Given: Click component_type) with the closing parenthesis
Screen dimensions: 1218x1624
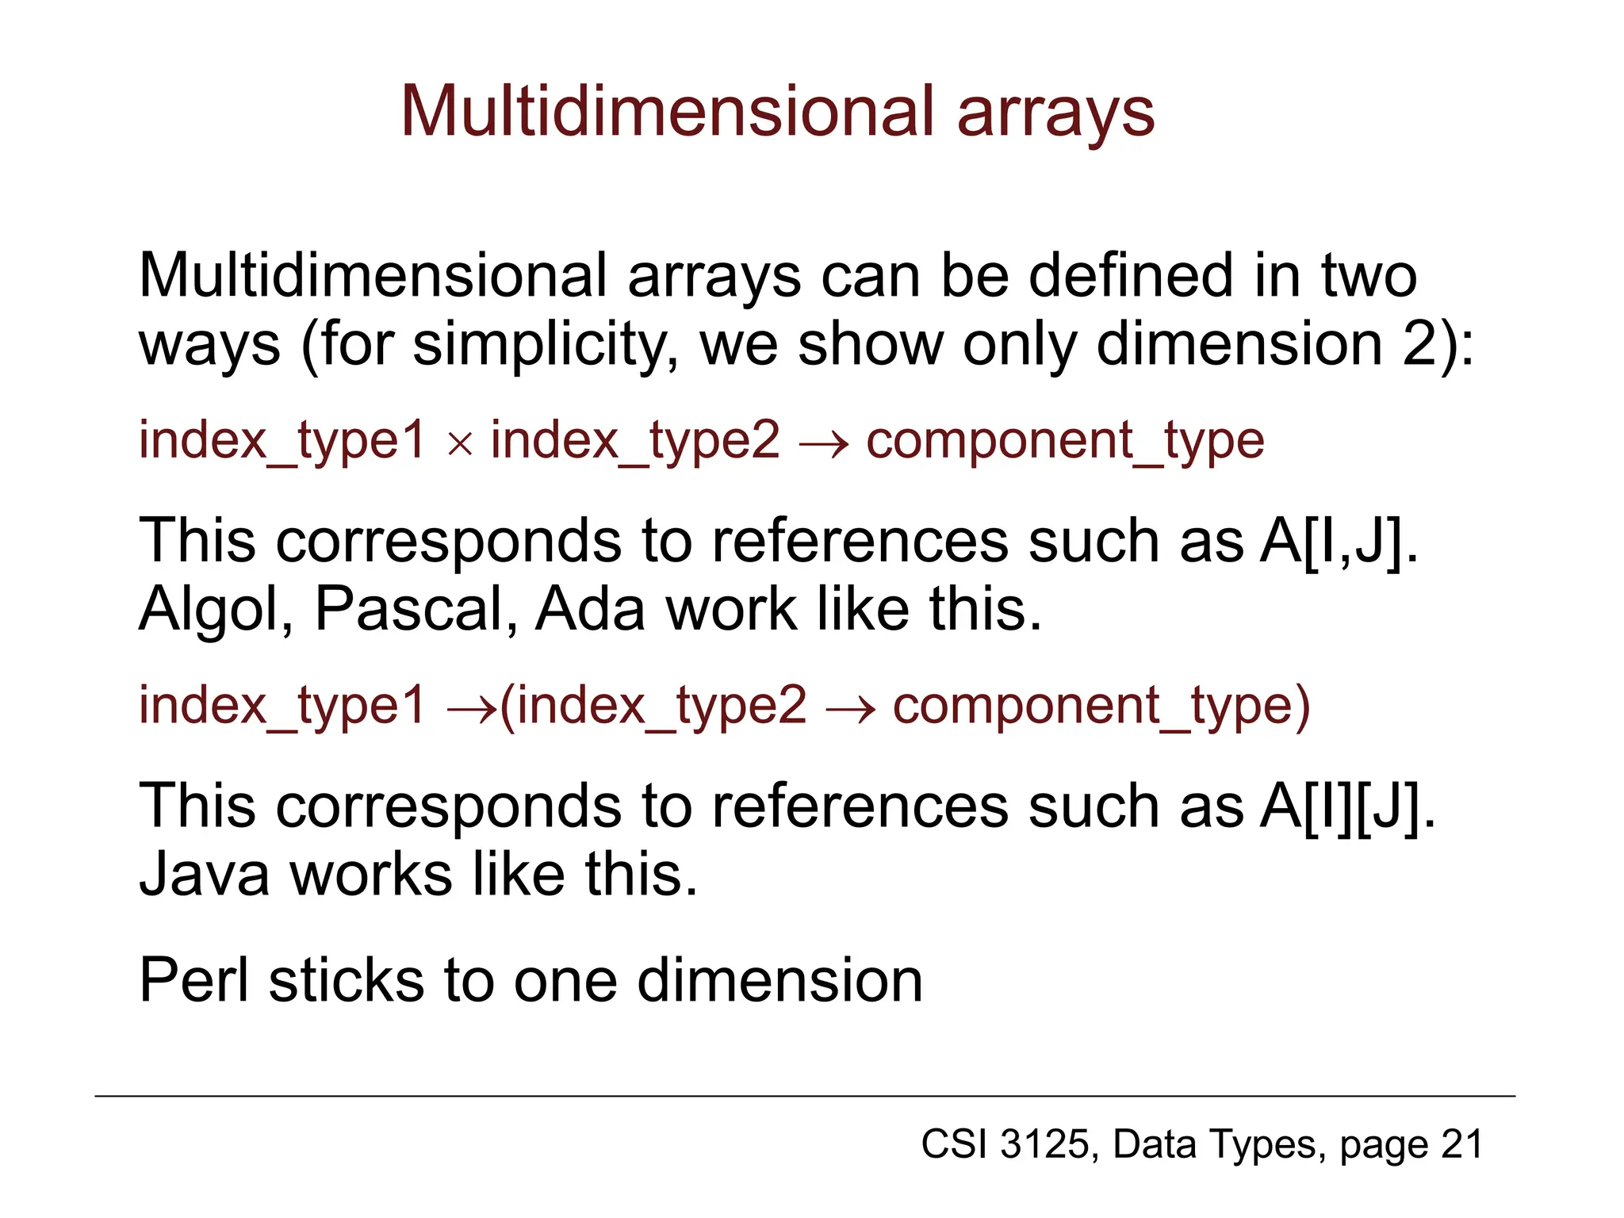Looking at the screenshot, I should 1101,706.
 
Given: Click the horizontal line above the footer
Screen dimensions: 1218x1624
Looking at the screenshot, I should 804,1097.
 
